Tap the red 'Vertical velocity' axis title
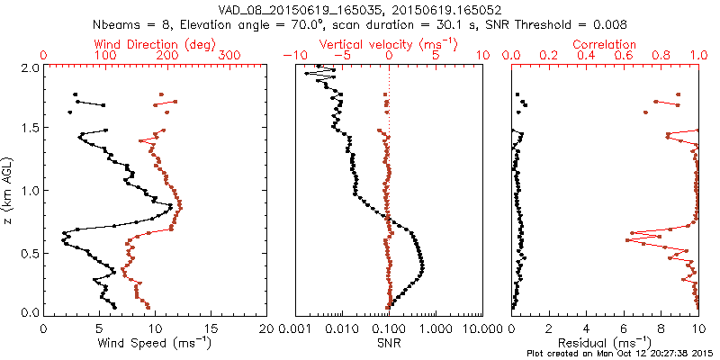pos(389,43)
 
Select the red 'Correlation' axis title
pos(605,43)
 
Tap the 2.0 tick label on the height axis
pos(29,67)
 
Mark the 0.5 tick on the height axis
pos(29,254)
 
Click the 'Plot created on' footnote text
pos(621,353)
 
